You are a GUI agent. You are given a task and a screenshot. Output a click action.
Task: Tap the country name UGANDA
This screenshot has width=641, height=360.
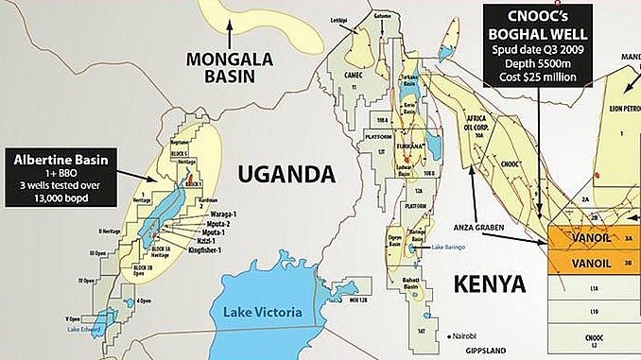274,174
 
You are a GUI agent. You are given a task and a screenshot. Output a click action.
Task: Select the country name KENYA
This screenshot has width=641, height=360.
491,283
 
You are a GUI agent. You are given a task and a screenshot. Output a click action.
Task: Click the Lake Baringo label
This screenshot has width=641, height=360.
451,248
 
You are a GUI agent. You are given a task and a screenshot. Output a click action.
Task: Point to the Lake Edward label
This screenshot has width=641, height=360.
85,327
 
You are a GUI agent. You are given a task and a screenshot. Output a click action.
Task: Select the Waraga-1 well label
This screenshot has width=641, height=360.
215,214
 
